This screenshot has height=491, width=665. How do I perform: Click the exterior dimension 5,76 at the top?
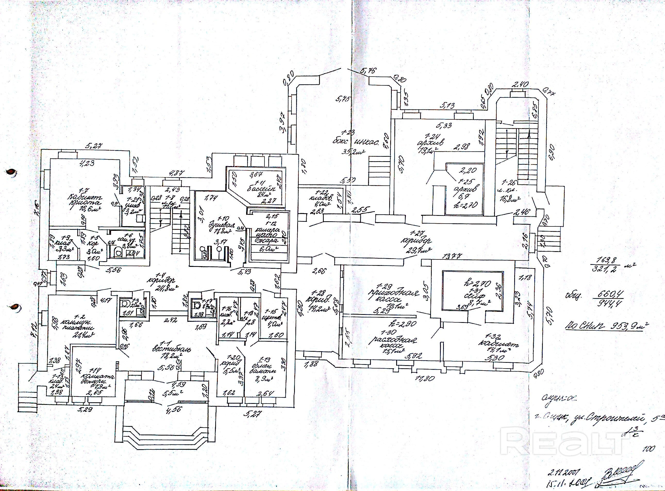click(x=368, y=71)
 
